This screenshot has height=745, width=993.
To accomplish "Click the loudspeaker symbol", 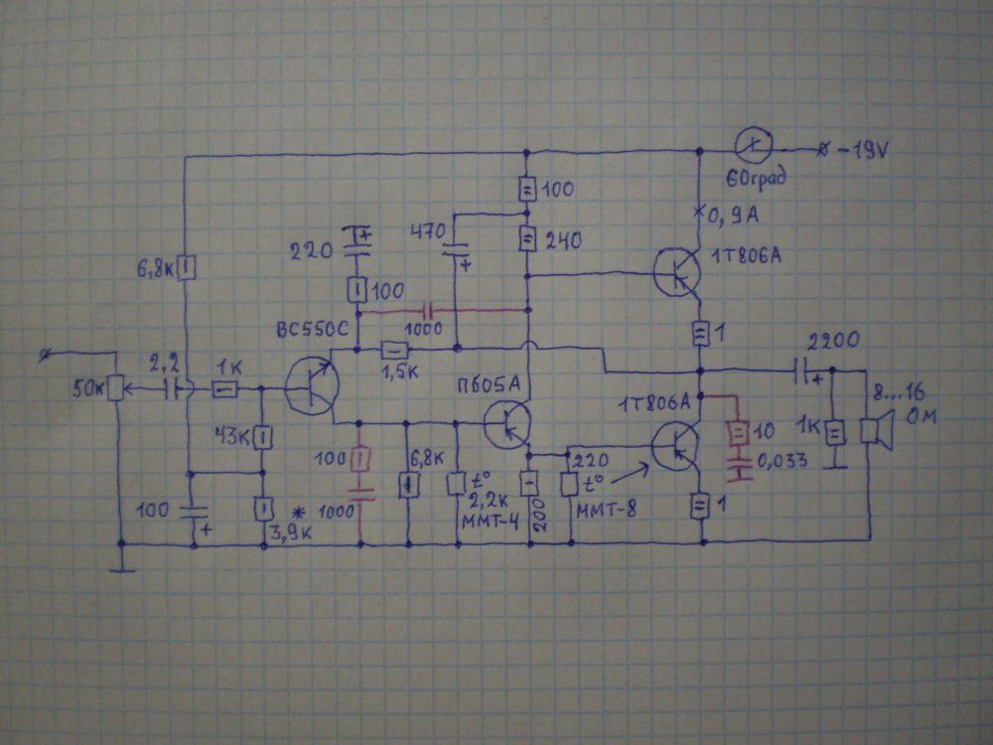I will click(874, 428).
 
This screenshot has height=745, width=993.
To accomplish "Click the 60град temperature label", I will click(753, 181).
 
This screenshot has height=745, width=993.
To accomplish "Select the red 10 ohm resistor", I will click(737, 434).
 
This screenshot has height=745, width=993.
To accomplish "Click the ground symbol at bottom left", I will click(121, 569).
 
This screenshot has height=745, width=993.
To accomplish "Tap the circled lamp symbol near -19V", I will click(754, 148).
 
